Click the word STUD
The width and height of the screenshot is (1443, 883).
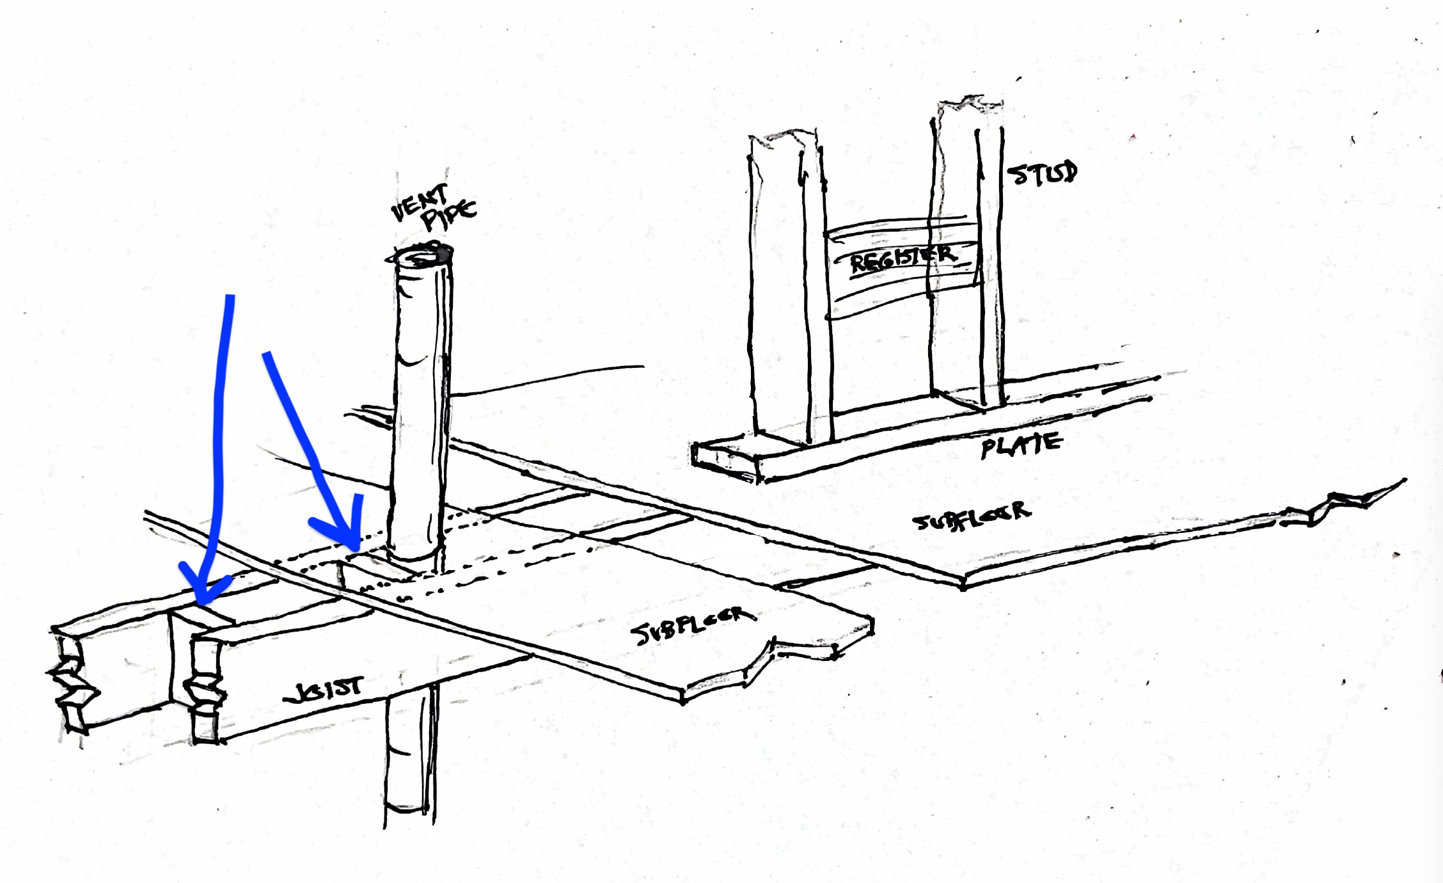coord(1041,173)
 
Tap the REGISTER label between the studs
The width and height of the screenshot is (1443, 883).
coord(902,259)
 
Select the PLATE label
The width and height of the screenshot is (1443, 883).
coord(1021,445)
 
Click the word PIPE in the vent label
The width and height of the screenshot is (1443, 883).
coord(450,216)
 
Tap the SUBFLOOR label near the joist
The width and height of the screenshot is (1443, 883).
coord(693,624)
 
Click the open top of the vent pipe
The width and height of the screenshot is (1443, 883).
coord(421,255)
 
